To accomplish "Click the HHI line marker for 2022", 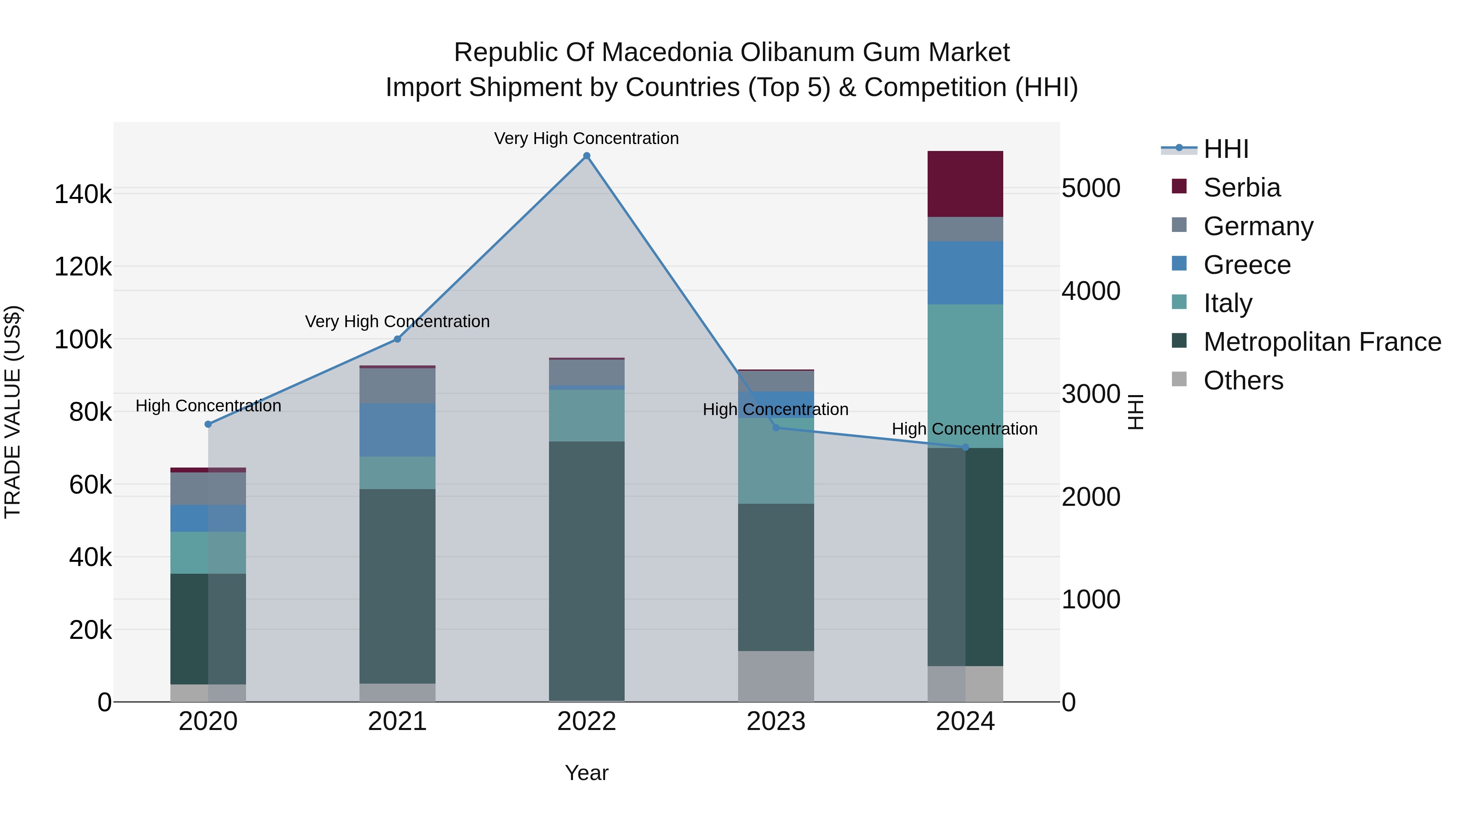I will coord(586,156).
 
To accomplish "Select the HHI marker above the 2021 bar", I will coord(397,339).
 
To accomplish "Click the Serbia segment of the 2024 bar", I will coord(965,184).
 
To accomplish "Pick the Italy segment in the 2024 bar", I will coord(965,375).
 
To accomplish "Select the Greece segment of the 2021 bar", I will coord(397,430).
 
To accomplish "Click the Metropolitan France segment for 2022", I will coord(586,570).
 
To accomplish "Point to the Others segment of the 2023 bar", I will coord(776,676).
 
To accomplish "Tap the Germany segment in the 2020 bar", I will coord(208,488).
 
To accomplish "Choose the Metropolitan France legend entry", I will coord(1322,342).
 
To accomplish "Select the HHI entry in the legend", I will coord(1225,149).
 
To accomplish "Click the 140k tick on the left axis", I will coord(83,195).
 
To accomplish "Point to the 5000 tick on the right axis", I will coord(1091,188).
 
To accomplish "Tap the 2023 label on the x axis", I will coord(776,721).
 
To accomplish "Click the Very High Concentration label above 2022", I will coord(586,138).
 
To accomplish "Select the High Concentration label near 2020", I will coord(208,405).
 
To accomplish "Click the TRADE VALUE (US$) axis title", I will coord(13,412).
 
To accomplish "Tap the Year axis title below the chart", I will coord(586,773).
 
